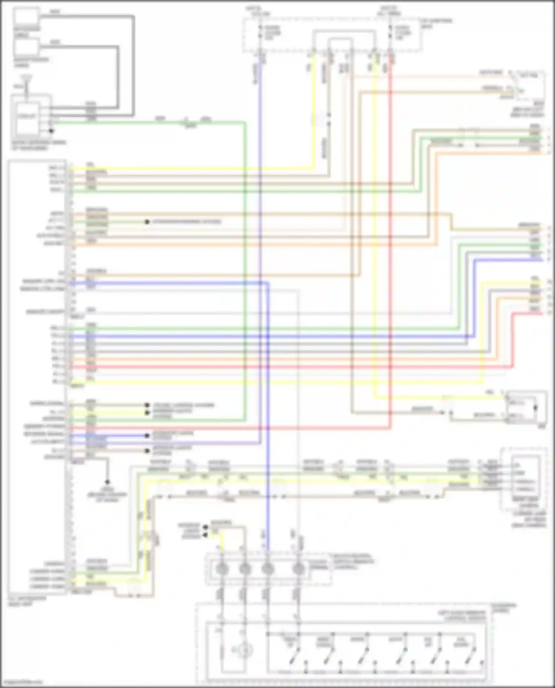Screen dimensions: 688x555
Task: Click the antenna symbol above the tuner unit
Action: point(27,78)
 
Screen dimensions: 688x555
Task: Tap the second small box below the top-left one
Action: point(26,47)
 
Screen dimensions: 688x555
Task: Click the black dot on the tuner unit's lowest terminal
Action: point(51,131)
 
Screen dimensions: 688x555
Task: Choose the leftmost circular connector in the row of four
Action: point(221,569)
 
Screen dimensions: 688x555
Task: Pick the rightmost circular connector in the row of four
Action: point(298,569)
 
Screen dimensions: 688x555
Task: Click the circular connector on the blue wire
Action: point(268,569)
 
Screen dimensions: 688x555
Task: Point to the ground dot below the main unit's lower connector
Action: point(107,482)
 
